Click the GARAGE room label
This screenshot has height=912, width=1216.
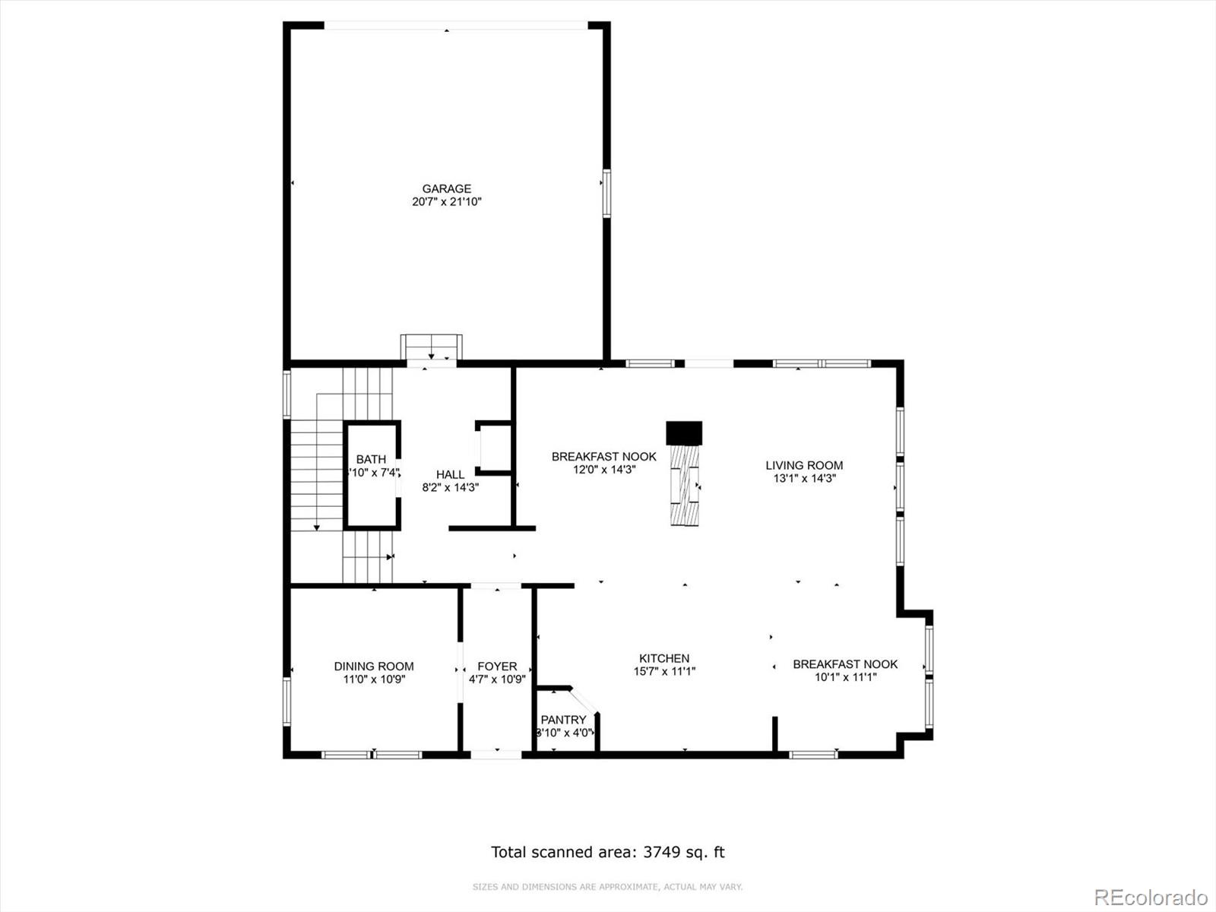(447, 188)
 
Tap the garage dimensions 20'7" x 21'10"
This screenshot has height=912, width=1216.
(447, 202)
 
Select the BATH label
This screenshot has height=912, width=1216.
(371, 459)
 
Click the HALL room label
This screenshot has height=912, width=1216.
(450, 474)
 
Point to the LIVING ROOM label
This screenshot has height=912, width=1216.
(804, 465)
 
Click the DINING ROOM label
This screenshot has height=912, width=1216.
(374, 667)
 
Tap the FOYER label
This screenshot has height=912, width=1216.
(497, 667)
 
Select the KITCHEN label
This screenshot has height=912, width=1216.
(664, 658)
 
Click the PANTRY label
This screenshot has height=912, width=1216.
(563, 720)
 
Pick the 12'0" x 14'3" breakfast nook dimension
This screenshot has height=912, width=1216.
(604, 470)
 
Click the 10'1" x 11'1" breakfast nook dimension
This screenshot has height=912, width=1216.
(845, 677)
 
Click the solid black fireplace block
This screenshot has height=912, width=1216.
(684, 432)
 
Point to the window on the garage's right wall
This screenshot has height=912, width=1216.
(606, 193)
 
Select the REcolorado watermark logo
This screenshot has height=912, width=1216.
(1151, 897)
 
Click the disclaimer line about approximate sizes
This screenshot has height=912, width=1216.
(607, 887)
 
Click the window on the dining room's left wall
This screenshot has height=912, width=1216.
(287, 701)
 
